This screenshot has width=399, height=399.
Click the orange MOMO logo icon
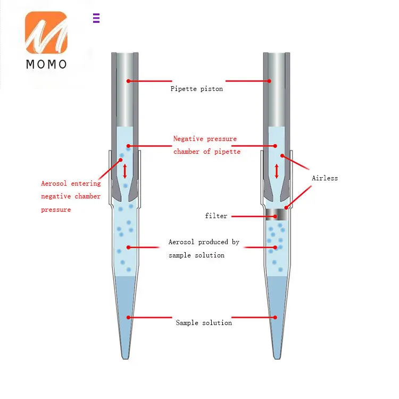coord(46,32)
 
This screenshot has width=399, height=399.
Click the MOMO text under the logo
coord(46,64)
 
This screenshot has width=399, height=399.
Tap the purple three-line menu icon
coord(96,18)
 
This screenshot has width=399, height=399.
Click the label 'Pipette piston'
coord(196,89)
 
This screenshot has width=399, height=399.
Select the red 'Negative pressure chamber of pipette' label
coord(206,145)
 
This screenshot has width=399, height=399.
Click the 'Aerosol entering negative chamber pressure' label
coord(71,196)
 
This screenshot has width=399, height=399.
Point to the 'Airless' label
coord(325,178)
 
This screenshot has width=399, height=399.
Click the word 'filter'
coord(216,216)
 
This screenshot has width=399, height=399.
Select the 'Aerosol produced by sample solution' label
coord(204,248)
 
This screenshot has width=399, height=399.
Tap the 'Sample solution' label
coord(204,322)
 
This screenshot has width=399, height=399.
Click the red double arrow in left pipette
coord(125,171)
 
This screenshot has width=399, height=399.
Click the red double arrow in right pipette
coord(277,171)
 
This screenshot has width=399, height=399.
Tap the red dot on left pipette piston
coord(128,81)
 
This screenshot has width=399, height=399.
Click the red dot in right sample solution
coord(276,318)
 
